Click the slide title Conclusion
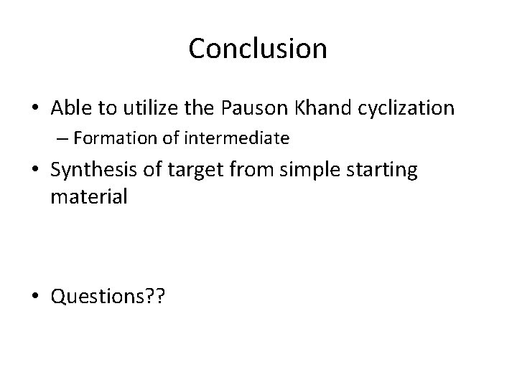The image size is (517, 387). [x=258, y=49]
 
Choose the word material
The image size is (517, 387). [x=88, y=196]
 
